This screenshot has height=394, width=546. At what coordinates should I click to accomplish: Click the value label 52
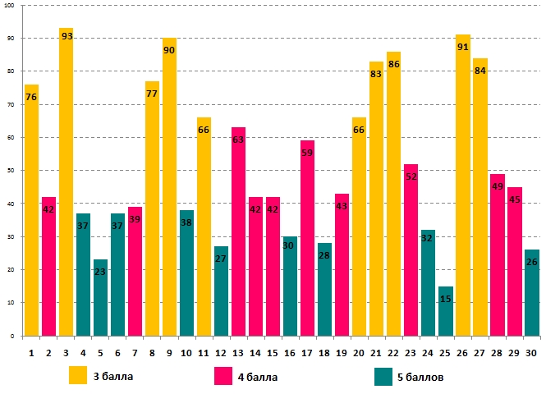pos(411,176)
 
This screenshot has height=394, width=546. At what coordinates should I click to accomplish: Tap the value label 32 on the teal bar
pos(428,238)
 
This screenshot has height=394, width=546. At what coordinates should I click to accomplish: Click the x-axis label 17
pos(307,351)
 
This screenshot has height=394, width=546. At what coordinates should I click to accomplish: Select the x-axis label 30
pos(531,351)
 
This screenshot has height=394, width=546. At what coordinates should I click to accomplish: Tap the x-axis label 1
pos(31,351)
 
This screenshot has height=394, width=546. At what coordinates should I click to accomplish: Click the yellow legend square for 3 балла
pos(78,376)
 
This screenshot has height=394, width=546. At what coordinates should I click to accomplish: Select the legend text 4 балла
pos(259,377)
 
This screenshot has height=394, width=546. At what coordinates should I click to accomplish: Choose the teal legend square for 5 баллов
pos(383,376)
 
